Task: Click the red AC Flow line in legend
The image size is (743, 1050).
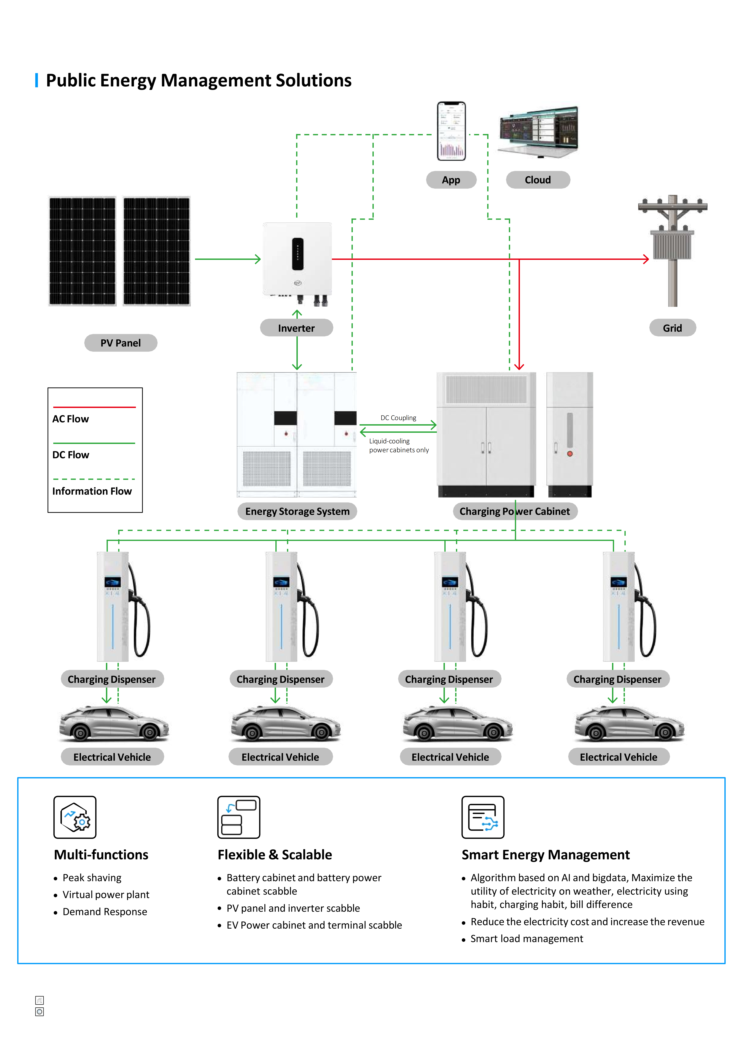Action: tap(94, 407)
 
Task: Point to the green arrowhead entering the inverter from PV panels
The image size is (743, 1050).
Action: tap(258, 259)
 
